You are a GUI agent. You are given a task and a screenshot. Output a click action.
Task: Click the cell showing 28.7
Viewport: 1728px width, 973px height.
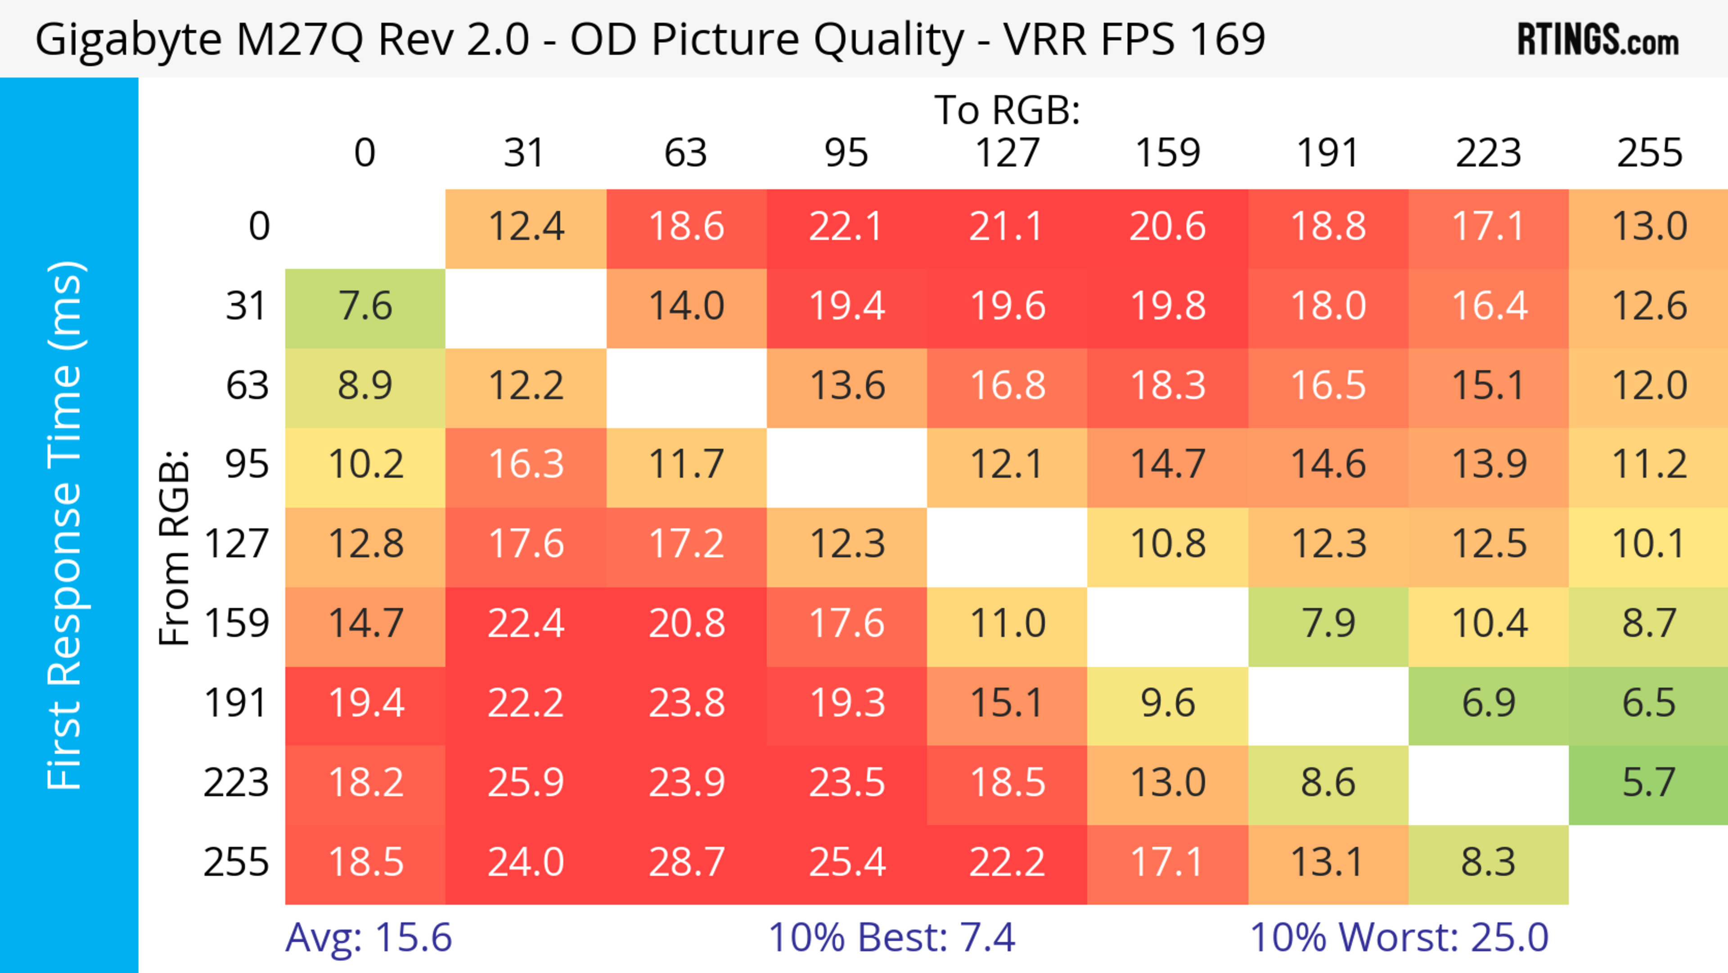[686, 862]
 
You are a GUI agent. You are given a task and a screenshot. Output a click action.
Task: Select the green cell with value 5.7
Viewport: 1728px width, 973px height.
[1649, 783]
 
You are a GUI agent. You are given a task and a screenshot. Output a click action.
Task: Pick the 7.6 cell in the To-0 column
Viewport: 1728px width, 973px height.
[365, 307]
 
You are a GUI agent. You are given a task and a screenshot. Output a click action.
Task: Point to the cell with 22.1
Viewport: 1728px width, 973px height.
[846, 227]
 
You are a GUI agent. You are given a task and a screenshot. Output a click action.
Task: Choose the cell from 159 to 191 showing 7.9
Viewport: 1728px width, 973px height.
[1328, 624]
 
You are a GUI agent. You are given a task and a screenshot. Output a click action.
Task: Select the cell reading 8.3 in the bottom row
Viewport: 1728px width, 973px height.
[1489, 862]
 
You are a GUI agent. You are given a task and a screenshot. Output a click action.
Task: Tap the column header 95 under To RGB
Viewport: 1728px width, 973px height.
[846, 153]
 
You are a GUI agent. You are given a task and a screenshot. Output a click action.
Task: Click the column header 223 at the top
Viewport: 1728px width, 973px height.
[1489, 153]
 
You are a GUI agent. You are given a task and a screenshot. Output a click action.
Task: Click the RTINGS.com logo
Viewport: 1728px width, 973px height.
[1598, 40]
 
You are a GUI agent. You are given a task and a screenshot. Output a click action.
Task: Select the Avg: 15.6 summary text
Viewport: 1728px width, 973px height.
[368, 937]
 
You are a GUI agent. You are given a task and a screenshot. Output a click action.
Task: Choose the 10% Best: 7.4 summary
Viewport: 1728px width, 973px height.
[891, 937]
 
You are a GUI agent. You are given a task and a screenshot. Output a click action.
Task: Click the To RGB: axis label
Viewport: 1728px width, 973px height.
[1007, 110]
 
